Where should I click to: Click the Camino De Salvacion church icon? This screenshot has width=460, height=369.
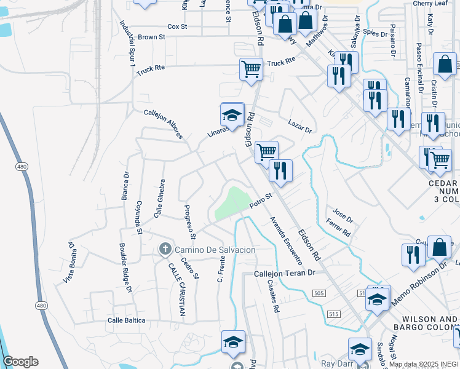165,249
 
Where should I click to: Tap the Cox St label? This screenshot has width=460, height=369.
177,26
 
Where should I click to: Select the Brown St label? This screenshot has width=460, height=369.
152,37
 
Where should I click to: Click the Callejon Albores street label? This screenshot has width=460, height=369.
163,123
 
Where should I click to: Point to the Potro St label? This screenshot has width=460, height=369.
260,200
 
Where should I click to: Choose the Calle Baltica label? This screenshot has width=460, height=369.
127,320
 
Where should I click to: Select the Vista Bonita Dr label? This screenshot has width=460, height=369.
69,263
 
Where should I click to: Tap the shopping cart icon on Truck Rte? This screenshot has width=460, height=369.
251,69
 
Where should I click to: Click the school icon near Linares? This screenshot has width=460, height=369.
232,114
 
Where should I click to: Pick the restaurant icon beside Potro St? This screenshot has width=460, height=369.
280,170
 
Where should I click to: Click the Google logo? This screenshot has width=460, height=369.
20,362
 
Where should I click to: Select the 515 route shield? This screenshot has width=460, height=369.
334,314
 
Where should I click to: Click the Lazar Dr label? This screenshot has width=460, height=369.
299,127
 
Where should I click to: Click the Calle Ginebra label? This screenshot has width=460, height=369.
160,198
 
